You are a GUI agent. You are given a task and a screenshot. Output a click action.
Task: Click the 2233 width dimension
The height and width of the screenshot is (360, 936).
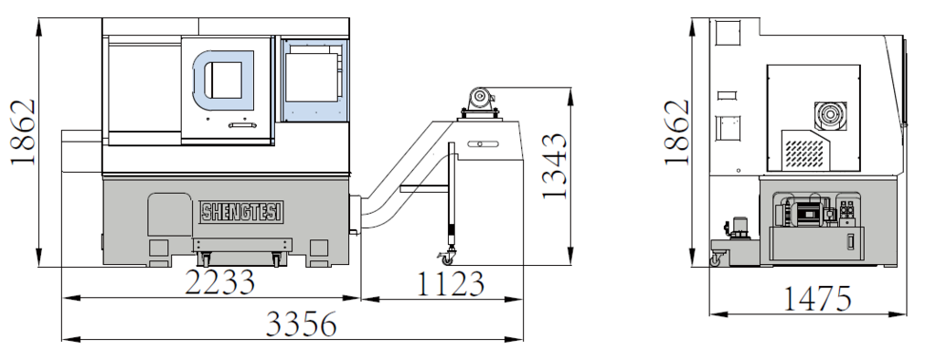[219, 281]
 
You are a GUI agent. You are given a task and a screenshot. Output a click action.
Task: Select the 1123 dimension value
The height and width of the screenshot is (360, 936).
[450, 283]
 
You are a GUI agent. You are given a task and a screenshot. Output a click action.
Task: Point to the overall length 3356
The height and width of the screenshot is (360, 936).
[301, 324]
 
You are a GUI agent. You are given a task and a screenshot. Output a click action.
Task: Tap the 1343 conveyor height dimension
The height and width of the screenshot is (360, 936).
[555, 166]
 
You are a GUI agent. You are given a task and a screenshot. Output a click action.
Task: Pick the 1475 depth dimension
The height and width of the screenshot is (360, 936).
[816, 299]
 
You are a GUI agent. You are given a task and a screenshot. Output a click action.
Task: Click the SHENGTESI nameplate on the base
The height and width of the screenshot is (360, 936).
[241, 211]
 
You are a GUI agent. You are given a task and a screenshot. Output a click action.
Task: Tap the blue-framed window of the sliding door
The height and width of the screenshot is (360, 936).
[224, 80]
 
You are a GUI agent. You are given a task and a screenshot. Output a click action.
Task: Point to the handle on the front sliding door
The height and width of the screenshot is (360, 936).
[242, 125]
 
